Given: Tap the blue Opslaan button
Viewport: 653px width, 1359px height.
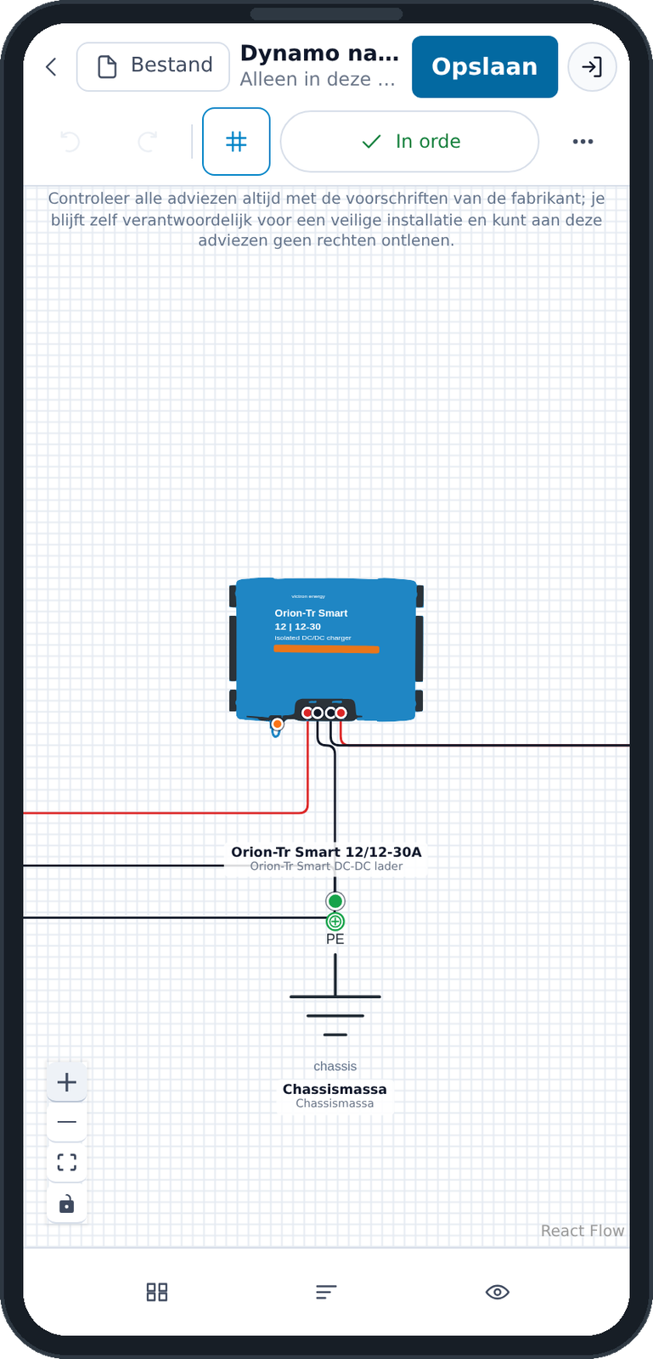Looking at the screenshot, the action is (485, 67).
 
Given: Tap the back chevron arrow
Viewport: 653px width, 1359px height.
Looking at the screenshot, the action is (52, 67).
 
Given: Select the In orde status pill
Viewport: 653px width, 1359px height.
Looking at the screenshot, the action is (409, 141).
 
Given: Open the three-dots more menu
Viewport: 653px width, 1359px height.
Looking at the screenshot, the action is (583, 141).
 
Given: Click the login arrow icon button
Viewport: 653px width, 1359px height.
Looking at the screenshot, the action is (592, 67).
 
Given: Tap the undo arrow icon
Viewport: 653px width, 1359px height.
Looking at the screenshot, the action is (70, 141).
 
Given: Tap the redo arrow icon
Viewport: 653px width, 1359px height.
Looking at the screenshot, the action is (148, 141).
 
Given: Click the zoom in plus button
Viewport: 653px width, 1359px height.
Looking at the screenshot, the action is (67, 1082).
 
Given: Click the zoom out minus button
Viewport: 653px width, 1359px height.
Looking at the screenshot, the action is (67, 1122).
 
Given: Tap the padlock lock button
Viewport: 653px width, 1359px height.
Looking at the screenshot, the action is (67, 1204).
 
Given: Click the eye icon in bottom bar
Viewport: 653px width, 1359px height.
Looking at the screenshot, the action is (497, 1292).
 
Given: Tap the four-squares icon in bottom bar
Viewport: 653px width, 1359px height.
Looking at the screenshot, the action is (157, 1292).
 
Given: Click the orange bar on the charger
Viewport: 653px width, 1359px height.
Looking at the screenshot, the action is (326, 649).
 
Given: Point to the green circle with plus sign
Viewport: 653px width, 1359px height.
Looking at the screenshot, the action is (335, 922).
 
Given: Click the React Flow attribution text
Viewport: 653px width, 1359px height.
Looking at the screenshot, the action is (582, 1231).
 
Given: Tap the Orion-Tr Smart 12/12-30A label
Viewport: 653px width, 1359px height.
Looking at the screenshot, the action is (326, 852).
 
